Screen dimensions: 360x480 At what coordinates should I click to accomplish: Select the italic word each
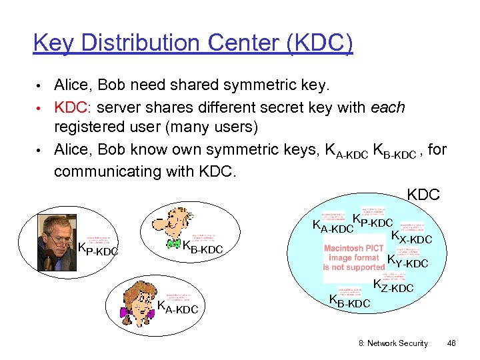pyautogui.click(x=391, y=107)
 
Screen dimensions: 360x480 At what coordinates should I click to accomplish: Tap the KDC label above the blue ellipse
pyautogui.click(x=423, y=195)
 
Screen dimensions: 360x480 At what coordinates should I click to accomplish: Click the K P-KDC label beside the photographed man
pyautogui.click(x=98, y=250)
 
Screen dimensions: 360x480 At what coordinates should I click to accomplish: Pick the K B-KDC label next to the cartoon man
pyautogui.click(x=202, y=249)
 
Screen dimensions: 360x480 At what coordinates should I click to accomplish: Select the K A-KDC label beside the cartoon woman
pyautogui.click(x=177, y=308)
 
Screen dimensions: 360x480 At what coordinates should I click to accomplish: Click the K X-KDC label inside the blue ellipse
pyautogui.click(x=411, y=237)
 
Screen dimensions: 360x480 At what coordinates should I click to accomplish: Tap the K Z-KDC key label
pyautogui.click(x=393, y=287)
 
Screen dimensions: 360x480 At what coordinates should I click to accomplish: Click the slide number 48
pyautogui.click(x=451, y=343)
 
